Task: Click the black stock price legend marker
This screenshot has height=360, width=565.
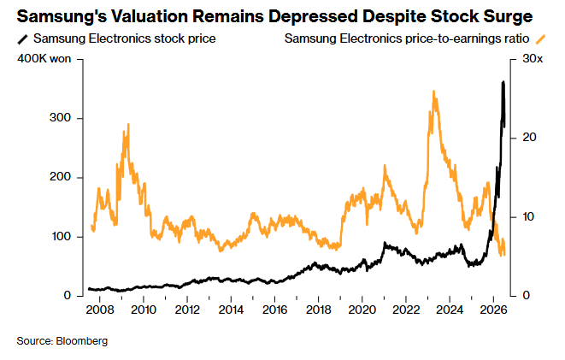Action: [23, 39]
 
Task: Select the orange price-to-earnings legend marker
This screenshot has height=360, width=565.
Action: [540, 39]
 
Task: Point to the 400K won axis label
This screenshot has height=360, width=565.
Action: [44, 59]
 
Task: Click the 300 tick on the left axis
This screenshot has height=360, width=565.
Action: [60, 118]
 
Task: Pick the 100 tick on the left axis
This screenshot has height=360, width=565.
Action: [60, 236]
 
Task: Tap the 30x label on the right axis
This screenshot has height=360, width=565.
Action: [533, 59]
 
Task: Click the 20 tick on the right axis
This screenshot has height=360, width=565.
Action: [529, 138]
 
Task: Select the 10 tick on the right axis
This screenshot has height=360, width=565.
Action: [529, 216]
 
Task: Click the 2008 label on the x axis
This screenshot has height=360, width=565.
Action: [100, 310]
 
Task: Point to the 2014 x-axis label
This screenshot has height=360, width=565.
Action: [231, 310]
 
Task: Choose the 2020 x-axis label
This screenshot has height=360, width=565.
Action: [362, 310]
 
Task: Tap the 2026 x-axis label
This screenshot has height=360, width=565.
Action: [493, 310]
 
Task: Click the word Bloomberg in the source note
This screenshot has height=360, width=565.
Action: [82, 341]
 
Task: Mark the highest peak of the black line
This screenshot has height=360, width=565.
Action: [503, 82]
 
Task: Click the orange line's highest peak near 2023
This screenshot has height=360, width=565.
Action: [434, 91]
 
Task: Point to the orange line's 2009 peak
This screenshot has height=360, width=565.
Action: [128, 124]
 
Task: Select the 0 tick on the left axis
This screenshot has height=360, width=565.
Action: [68, 296]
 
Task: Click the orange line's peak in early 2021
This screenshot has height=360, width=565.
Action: [385, 165]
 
